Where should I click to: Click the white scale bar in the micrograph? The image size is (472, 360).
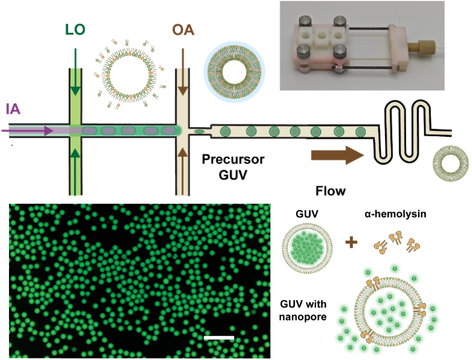click(x=219, y=337)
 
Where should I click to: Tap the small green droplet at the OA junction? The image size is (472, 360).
click(x=199, y=132)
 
